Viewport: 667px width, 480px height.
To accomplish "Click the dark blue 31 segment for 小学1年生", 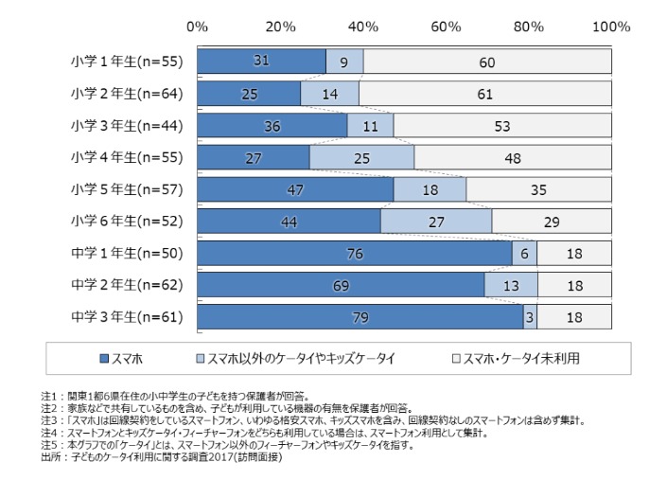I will [261, 61].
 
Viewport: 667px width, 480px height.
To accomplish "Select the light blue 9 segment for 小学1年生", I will [344, 61].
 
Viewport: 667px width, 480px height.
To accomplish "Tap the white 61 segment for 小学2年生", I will [484, 93].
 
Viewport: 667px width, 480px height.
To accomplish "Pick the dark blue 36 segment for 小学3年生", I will [272, 125].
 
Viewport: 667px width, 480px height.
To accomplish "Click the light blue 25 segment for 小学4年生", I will [361, 157].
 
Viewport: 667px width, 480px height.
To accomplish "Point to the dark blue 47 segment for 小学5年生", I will [294, 189].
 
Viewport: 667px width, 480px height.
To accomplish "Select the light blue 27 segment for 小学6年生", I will [436, 221].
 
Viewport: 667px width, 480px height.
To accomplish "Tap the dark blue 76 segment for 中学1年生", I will [355, 253].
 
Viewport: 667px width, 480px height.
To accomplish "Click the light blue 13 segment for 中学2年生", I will [511, 284].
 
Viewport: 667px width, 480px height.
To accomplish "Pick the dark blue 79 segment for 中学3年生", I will [360, 316].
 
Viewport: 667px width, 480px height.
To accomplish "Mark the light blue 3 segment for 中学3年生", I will [530, 316].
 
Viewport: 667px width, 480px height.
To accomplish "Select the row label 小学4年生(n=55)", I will [126, 157].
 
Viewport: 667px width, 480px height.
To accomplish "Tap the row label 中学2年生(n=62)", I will [126, 284].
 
